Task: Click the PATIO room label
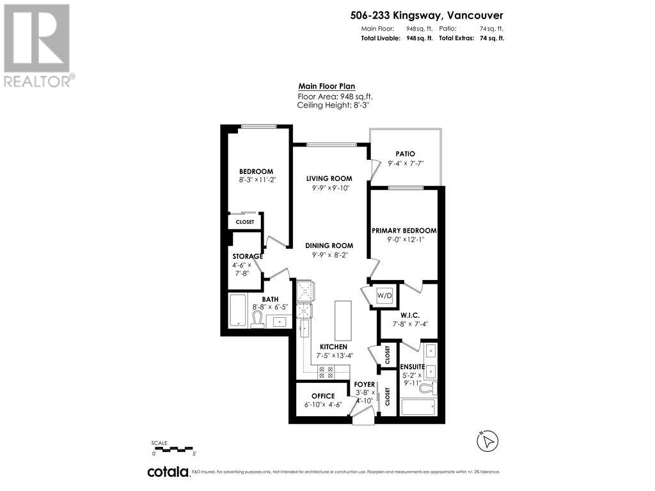click(405, 154)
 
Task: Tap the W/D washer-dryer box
click(384, 296)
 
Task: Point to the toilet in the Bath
click(258, 319)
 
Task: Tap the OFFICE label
click(324, 396)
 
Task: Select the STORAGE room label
click(247, 256)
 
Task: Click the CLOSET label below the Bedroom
click(245, 222)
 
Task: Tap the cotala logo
click(168, 472)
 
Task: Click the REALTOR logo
click(38, 45)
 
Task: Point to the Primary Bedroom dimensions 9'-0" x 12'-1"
click(404, 240)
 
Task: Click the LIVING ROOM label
click(329, 178)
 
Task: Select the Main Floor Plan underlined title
click(326, 87)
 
